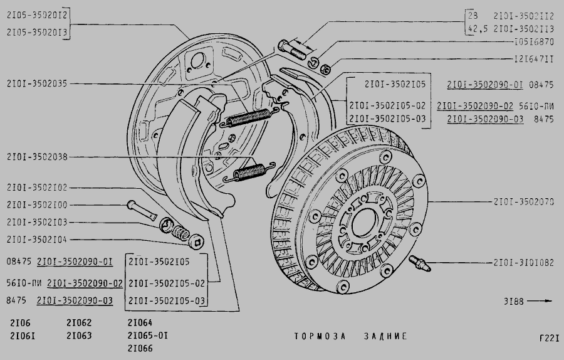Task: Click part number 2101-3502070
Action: (x=523, y=203)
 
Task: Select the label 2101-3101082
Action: (x=523, y=263)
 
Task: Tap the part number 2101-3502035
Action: (x=37, y=83)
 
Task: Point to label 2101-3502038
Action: (x=37, y=157)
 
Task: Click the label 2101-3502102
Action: (x=37, y=188)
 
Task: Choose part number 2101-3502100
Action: (x=37, y=204)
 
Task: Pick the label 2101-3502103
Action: (x=37, y=222)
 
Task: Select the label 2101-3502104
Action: (x=37, y=239)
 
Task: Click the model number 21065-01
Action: (x=147, y=336)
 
